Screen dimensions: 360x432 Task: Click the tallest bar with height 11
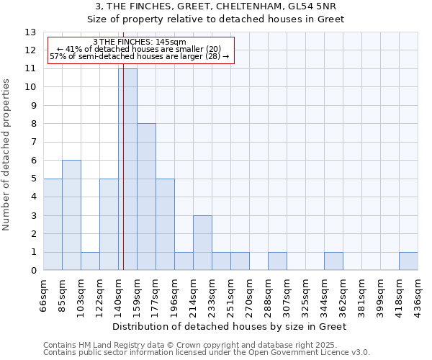(127, 169)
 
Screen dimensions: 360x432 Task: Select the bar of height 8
(146, 197)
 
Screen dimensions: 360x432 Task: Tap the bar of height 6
(71, 215)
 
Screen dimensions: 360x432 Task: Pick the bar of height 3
(202, 243)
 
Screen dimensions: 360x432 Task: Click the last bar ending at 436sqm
(408, 261)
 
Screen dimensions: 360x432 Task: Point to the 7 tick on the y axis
(33, 143)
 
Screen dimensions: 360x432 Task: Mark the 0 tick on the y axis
(33, 271)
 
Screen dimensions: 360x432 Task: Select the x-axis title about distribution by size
(230, 326)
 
